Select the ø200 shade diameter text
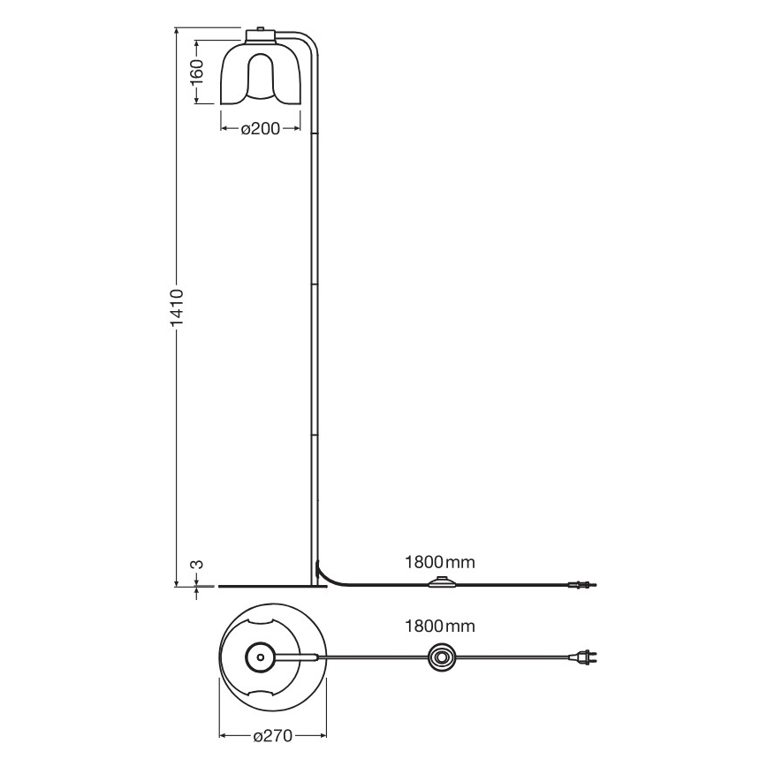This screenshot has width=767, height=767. pos(261,129)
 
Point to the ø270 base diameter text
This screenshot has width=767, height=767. pos(272,735)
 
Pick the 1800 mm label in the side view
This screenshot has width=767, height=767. pos(439,561)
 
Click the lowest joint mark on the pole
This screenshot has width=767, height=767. pos(314,436)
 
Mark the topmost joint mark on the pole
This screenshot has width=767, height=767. pos(314,134)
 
